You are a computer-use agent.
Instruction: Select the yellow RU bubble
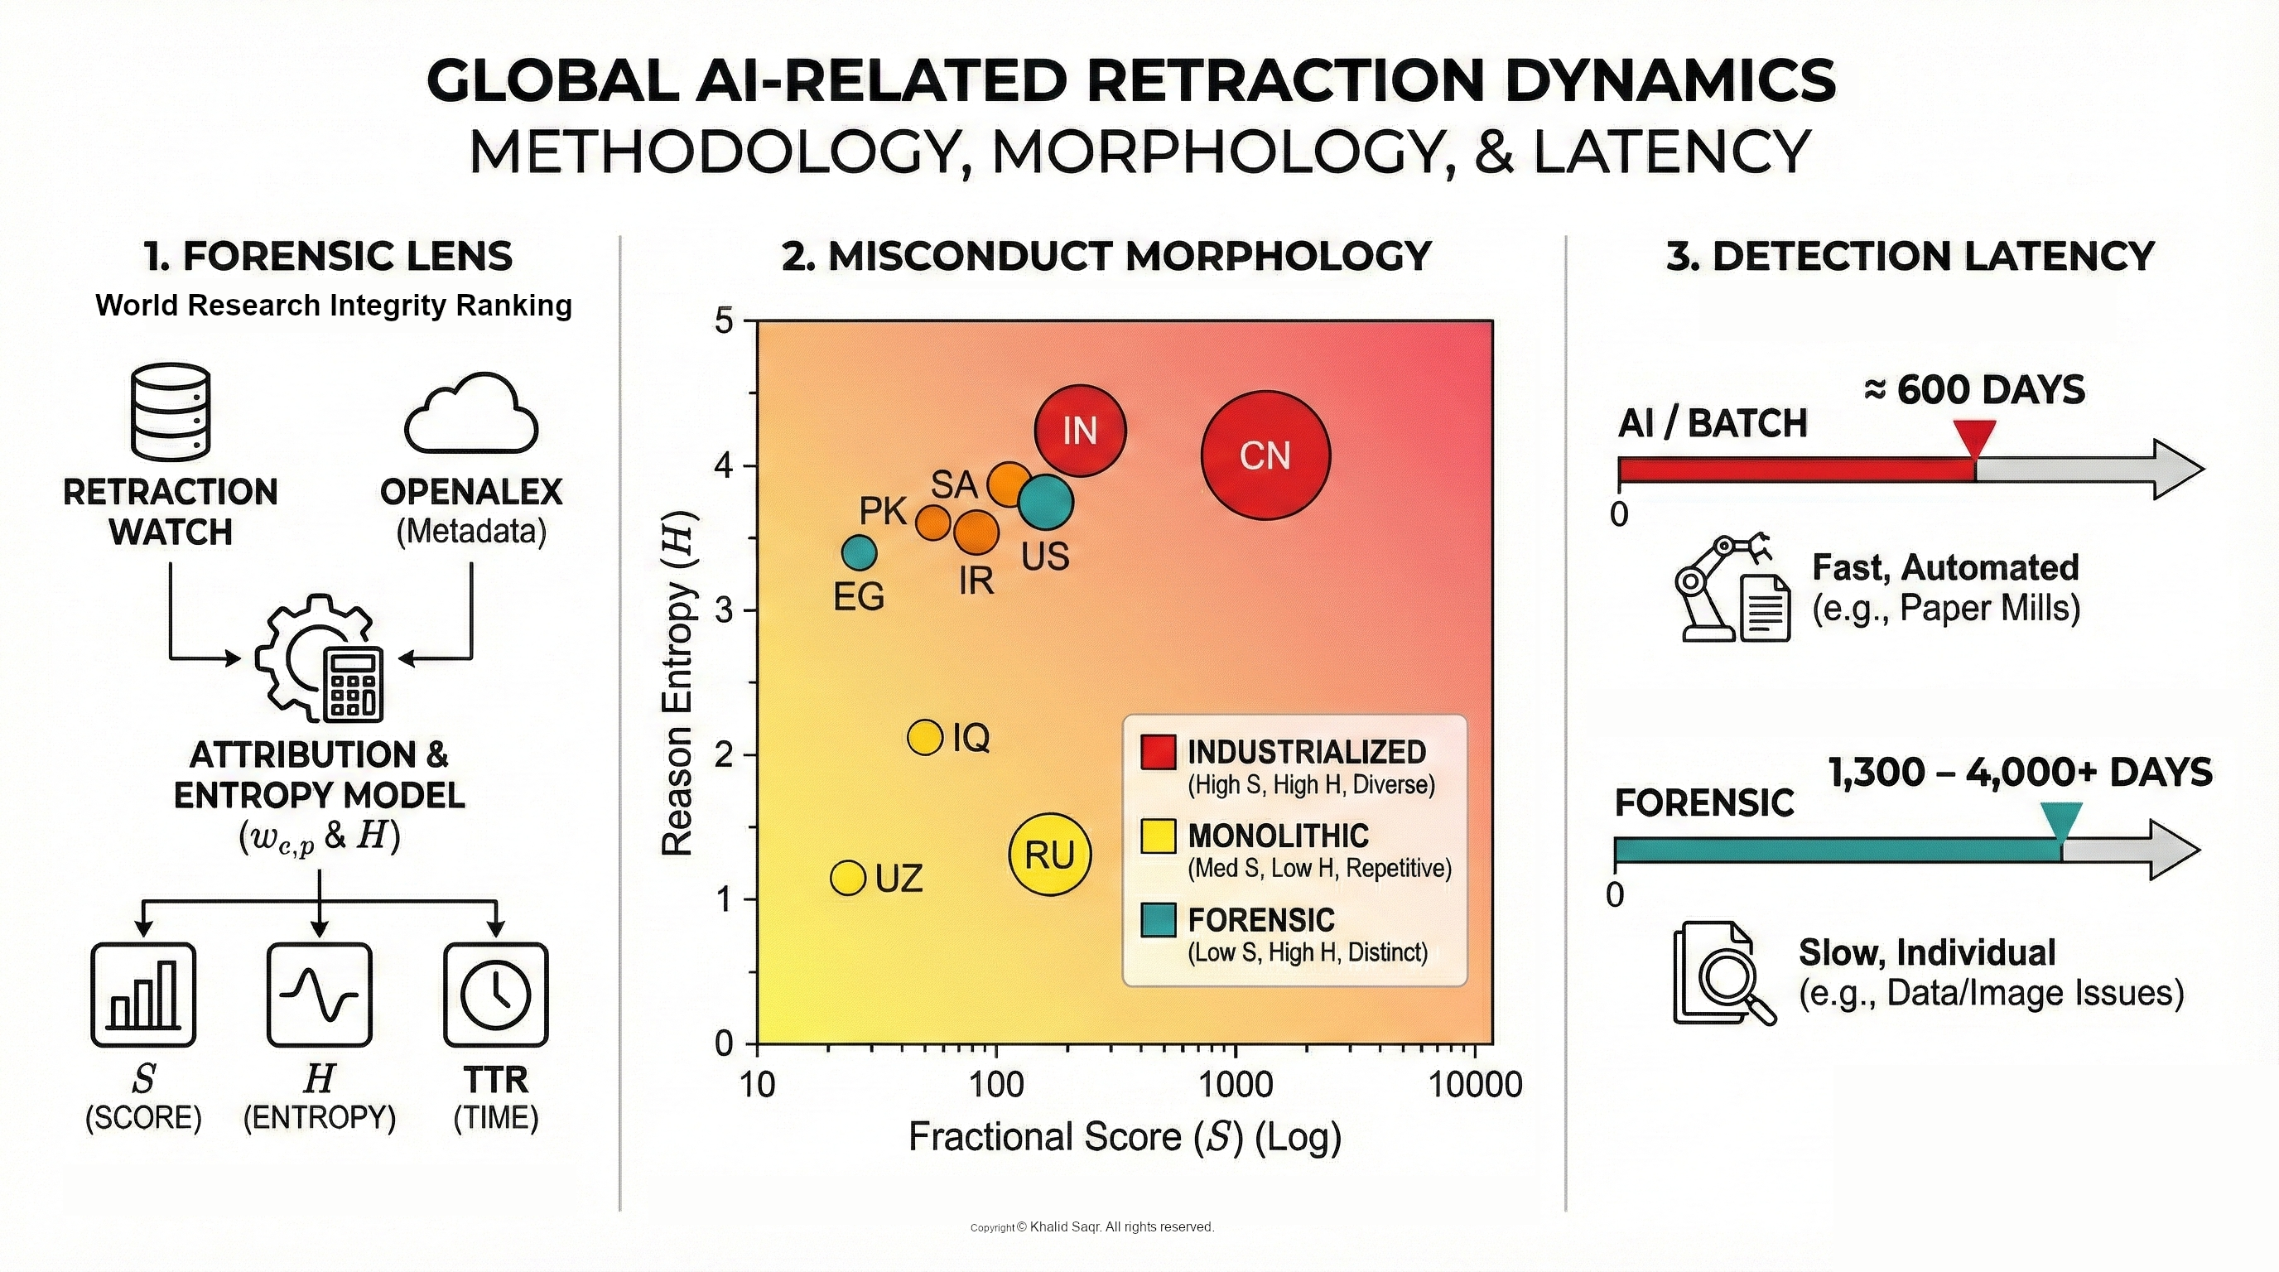1050,855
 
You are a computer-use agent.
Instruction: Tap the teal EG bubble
858,554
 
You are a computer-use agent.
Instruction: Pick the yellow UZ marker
847,878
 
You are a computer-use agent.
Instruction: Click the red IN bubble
1080,431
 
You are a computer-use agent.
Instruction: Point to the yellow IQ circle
925,736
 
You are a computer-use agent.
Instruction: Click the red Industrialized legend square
1158,752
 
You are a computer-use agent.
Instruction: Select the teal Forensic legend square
1158,920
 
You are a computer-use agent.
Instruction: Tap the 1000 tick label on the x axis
1235,1085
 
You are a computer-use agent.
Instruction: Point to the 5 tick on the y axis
725,321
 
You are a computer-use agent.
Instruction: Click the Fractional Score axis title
1125,1138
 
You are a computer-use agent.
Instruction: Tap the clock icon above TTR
495,995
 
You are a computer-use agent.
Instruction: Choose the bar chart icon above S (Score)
143,995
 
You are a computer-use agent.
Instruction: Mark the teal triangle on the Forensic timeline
2061,821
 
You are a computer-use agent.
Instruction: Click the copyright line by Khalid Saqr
1092,1227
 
